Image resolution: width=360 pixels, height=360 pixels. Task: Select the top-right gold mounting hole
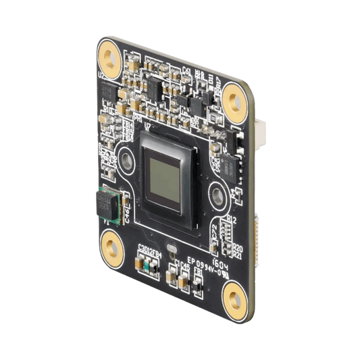[234, 100]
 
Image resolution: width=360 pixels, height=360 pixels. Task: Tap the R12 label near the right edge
[231, 220]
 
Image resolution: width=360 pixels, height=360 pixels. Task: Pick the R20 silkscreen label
[237, 248]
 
